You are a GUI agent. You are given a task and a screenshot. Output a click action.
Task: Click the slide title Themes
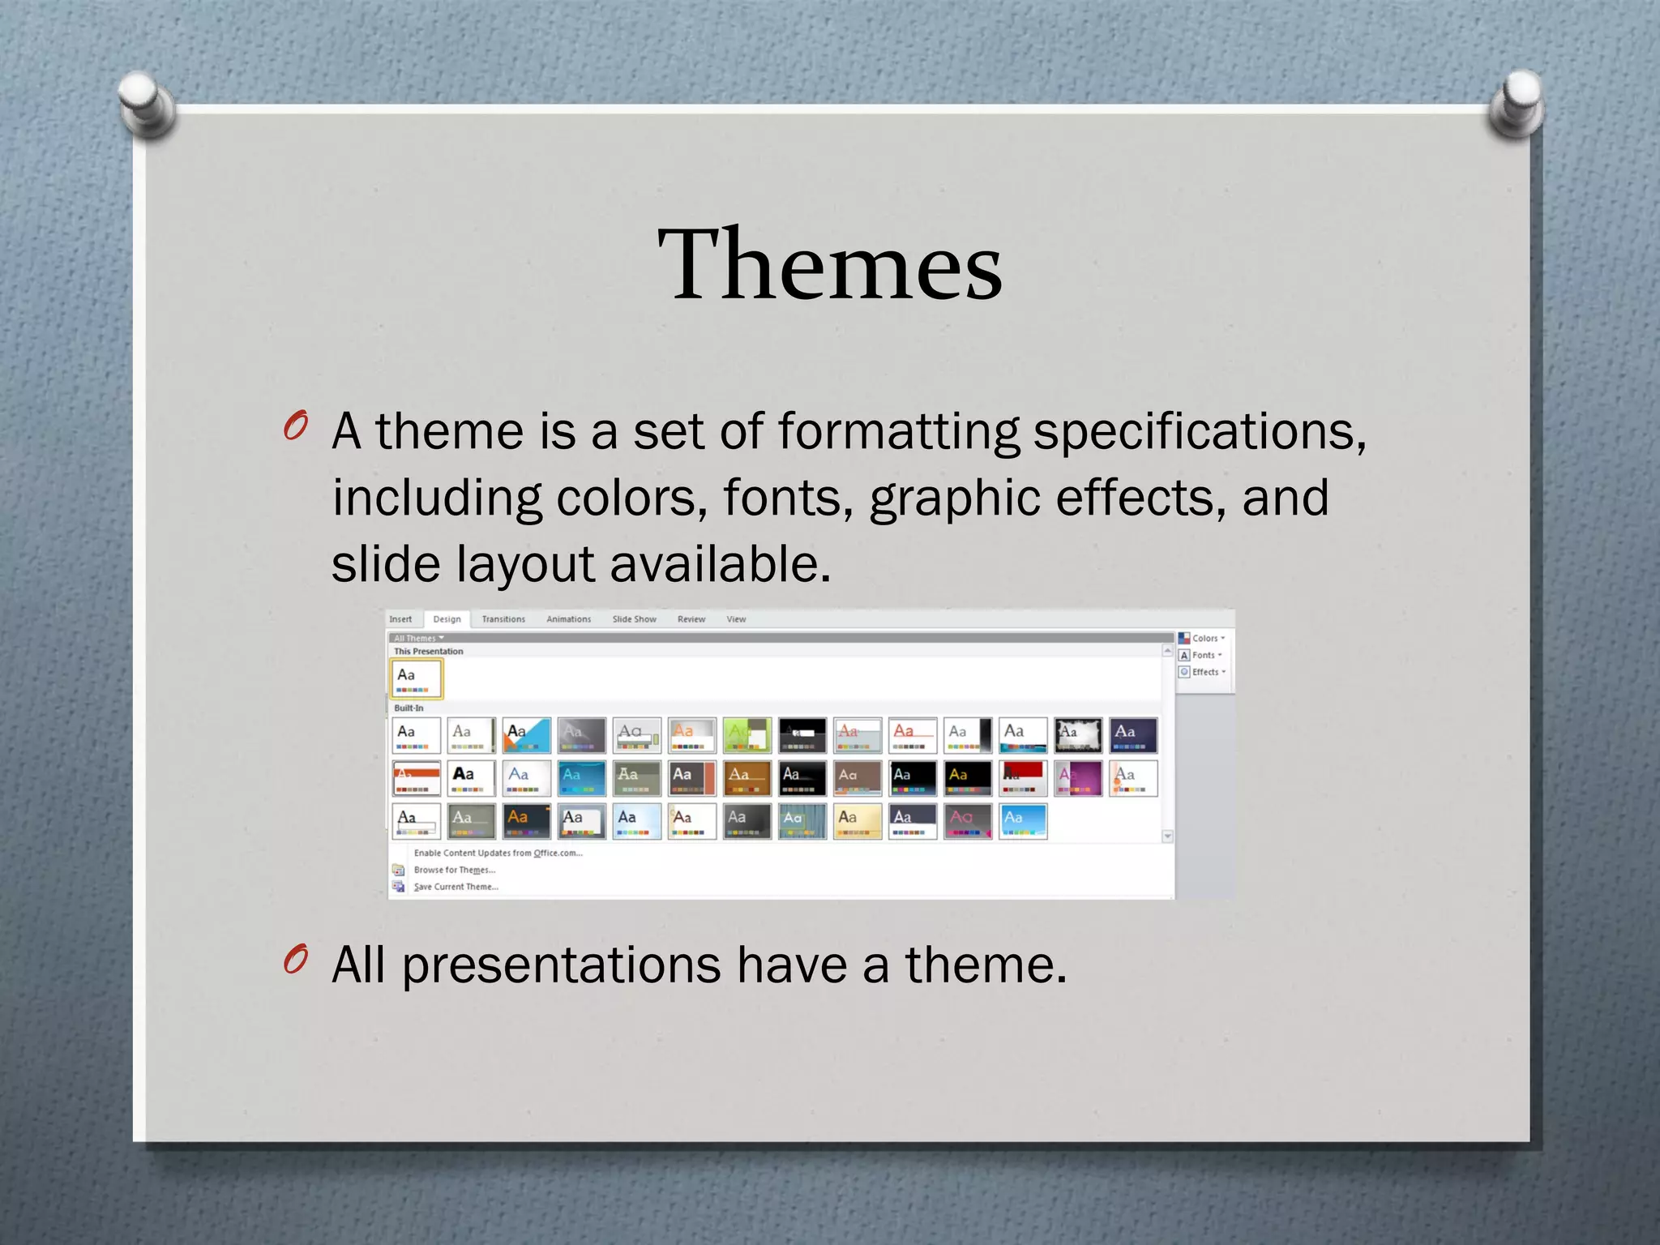830,264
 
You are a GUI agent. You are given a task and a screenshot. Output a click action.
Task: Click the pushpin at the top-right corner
1517,104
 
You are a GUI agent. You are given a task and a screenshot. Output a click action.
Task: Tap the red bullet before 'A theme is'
295,426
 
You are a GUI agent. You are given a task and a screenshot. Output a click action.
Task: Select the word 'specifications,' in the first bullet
1200,431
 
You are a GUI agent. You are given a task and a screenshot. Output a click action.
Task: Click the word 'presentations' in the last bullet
561,966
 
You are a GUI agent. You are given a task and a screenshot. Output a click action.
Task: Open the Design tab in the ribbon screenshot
447,619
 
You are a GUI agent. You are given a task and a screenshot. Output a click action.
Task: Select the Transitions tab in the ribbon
503,619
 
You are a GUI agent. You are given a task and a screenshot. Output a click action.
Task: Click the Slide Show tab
634,619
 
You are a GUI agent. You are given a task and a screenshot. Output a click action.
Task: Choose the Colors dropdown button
1203,639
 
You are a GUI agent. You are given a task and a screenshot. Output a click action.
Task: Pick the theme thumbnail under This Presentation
417,678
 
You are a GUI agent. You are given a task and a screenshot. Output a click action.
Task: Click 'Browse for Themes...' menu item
454,870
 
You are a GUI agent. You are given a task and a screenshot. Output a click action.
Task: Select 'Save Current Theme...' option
456,887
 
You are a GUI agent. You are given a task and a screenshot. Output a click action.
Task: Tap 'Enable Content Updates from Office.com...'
498,853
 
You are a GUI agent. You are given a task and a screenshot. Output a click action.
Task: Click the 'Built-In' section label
409,708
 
